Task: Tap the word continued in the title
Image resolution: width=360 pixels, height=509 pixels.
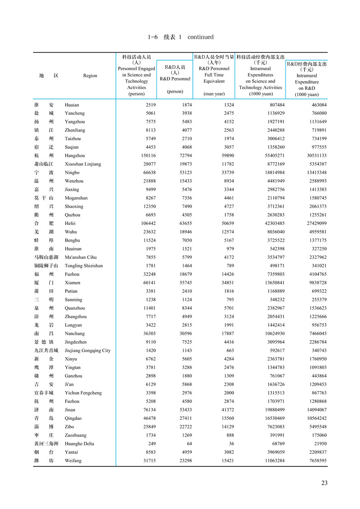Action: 200,37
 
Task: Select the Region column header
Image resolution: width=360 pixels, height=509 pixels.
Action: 90,76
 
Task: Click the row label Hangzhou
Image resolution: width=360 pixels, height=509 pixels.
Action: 75,156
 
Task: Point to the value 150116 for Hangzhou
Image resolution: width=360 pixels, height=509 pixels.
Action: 145,156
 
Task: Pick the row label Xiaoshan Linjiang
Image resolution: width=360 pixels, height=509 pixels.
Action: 83,164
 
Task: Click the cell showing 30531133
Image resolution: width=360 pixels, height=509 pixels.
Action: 313,156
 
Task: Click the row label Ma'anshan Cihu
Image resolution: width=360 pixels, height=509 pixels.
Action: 81,257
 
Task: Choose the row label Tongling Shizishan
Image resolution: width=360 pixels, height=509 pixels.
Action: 84,266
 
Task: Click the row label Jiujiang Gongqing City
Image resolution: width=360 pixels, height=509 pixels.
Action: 88,351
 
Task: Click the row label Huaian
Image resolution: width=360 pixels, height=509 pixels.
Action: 72,105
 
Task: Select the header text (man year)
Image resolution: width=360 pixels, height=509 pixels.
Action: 214,94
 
